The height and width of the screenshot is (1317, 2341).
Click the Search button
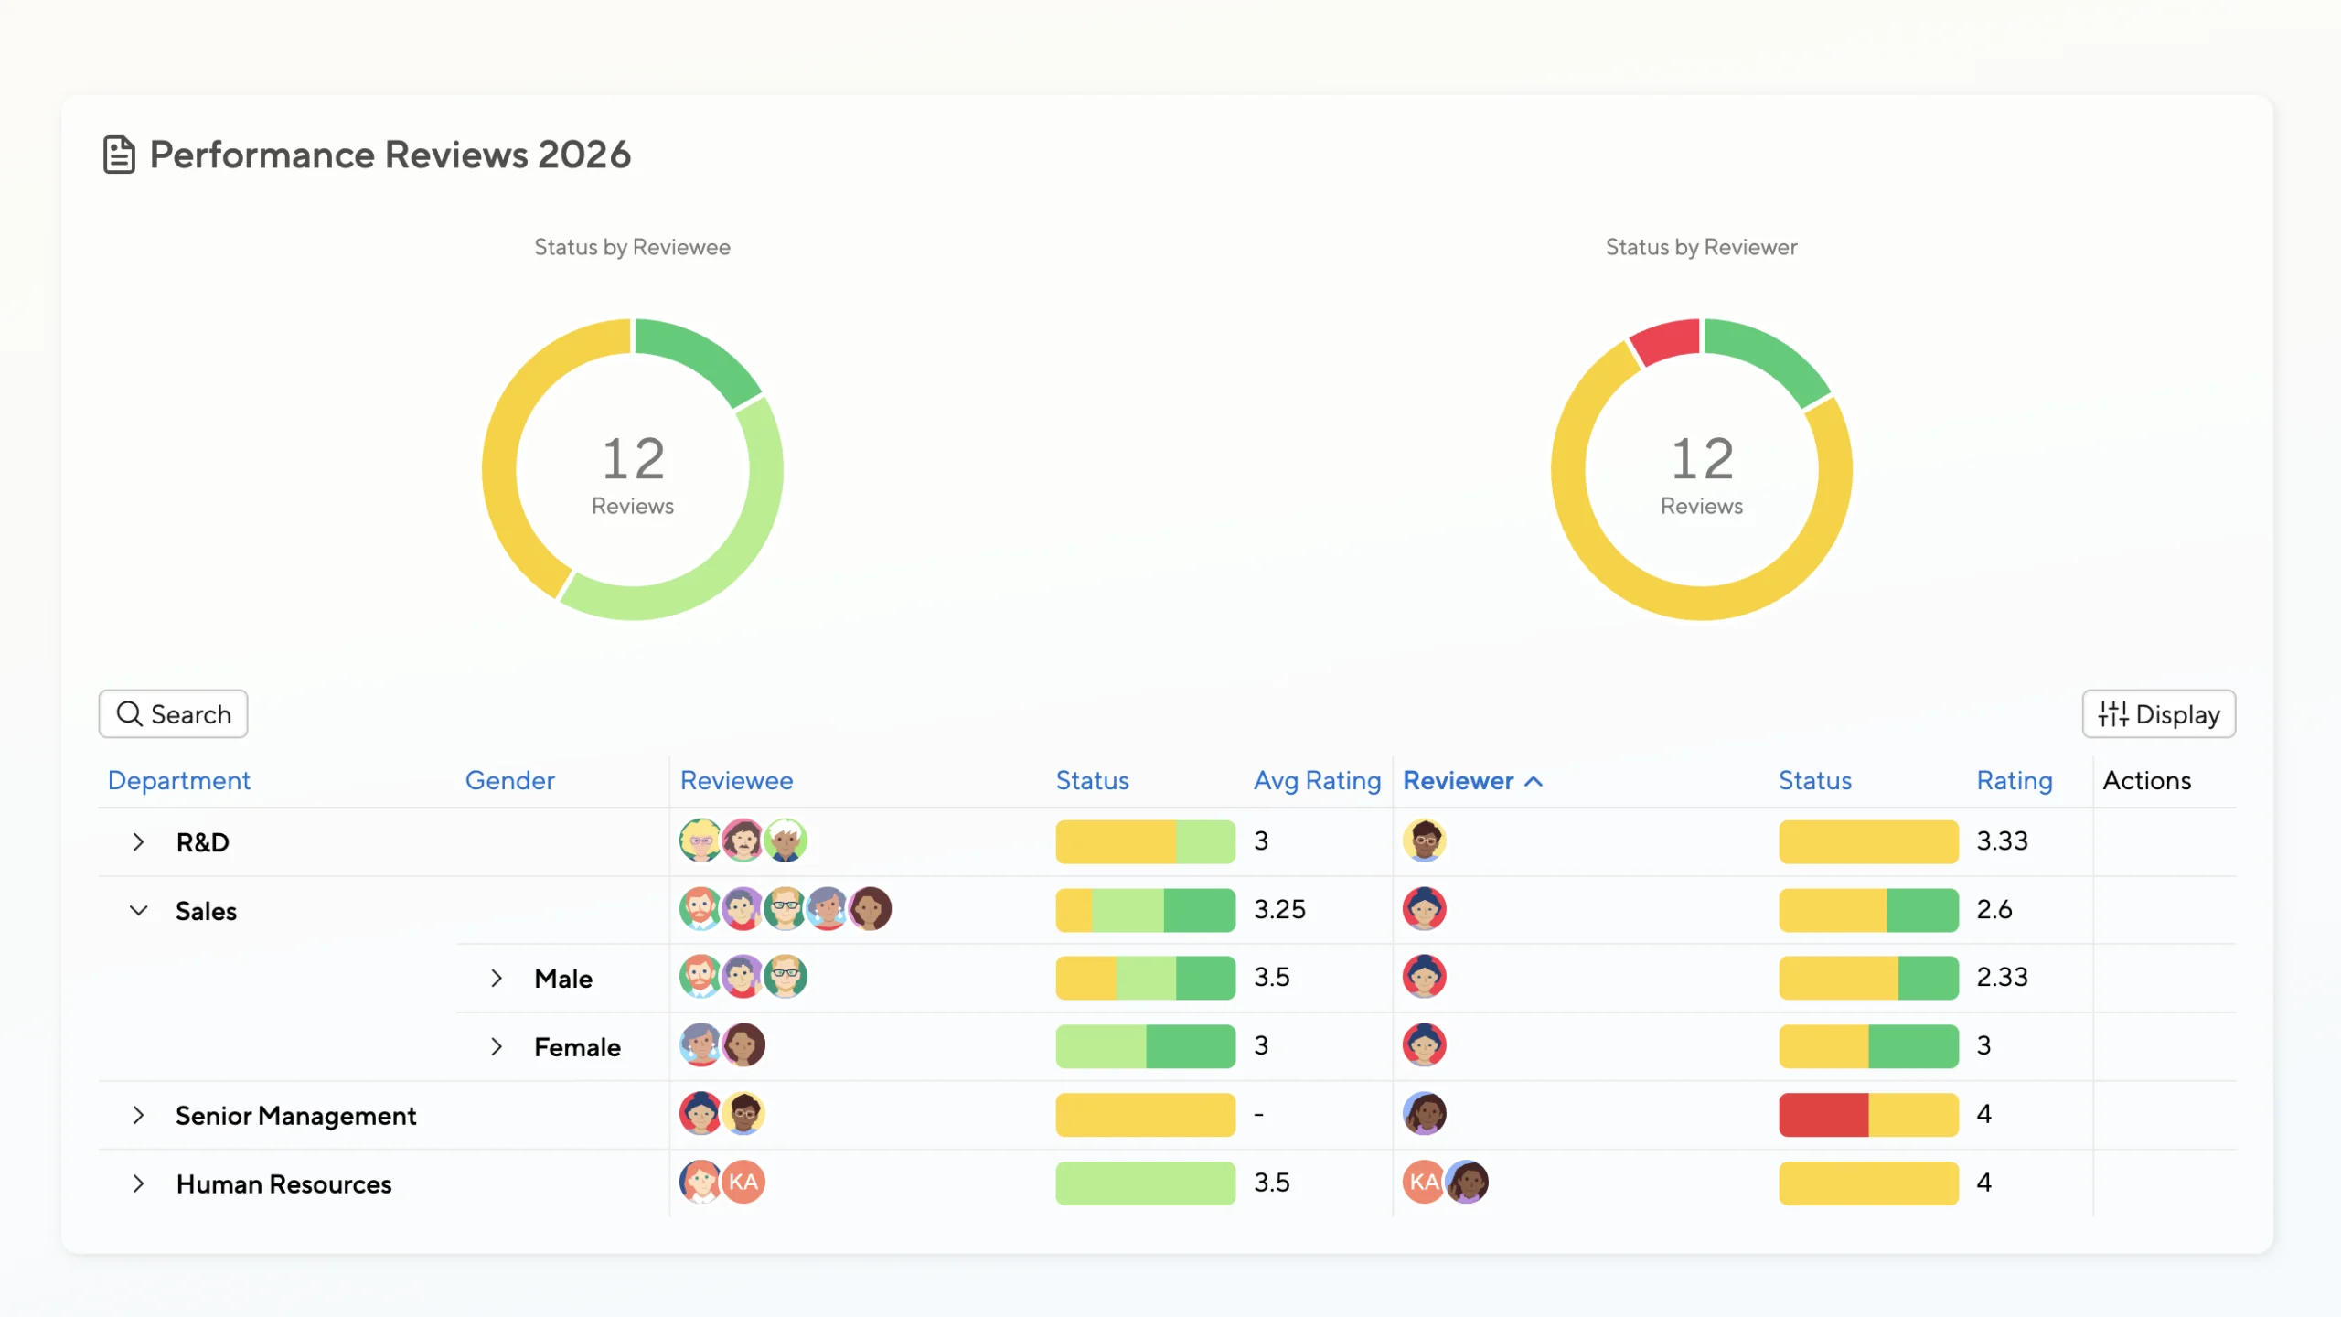click(x=173, y=713)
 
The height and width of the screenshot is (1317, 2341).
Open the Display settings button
click(x=2158, y=713)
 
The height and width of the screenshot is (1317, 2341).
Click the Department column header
click(x=178, y=780)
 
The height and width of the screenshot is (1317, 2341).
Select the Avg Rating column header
click(x=1316, y=780)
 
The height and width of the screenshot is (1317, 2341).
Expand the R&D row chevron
click(x=138, y=841)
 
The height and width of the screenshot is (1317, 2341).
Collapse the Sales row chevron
click(x=138, y=910)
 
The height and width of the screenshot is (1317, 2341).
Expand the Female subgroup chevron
click(x=496, y=1046)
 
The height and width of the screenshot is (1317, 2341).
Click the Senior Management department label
click(x=295, y=1115)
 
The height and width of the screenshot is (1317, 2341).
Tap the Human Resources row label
click(x=283, y=1183)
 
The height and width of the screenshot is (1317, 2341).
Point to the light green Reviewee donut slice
click(x=732, y=549)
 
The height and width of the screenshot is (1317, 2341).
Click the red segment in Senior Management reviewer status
click(x=1823, y=1114)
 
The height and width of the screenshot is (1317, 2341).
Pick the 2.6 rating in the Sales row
click(x=1994, y=909)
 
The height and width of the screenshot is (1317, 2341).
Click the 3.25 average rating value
click(x=1278, y=909)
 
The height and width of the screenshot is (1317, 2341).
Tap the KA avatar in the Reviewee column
click(x=743, y=1182)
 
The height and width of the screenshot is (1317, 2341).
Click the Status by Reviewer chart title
click(x=1701, y=247)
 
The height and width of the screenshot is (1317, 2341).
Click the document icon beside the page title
click(x=119, y=155)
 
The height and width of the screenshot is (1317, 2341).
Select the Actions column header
click(x=2146, y=780)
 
